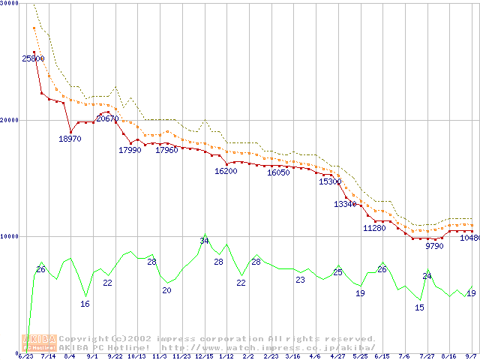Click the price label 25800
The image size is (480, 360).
33,58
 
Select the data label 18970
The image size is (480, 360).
70,139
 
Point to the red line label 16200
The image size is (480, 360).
226,171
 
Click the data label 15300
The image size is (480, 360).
330,181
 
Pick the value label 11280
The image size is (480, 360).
374,228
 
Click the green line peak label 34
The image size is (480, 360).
204,241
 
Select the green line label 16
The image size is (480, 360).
85,304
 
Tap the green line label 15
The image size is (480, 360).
419,307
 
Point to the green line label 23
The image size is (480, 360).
300,280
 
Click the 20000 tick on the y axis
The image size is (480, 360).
10,119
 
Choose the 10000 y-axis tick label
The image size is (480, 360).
10,236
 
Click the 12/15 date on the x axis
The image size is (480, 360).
204,356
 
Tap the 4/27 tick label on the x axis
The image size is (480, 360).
337,356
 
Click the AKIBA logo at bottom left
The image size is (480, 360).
41,343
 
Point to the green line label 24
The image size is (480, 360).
427,276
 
